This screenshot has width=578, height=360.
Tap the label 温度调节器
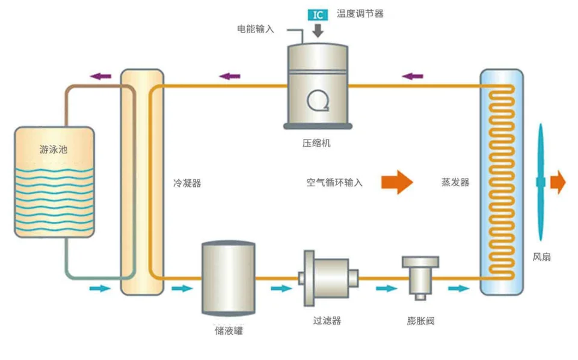pyautogui.click(x=360, y=13)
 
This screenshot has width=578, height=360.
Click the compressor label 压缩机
pyautogui.click(x=316, y=143)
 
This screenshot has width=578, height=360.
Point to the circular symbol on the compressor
pyautogui.click(x=317, y=100)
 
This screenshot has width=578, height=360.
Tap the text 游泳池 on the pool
pyautogui.click(x=54, y=150)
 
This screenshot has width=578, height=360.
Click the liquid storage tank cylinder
pyautogui.click(x=228, y=278)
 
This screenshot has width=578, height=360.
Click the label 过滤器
pyautogui.click(x=327, y=321)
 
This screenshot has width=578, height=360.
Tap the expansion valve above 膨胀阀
pyautogui.click(x=420, y=275)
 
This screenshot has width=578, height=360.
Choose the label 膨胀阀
pyautogui.click(x=420, y=321)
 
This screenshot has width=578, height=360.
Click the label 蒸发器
pyautogui.click(x=455, y=182)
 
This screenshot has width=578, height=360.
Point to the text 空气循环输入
pyautogui.click(x=334, y=182)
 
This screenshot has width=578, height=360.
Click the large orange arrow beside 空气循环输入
pyautogui.click(x=397, y=182)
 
